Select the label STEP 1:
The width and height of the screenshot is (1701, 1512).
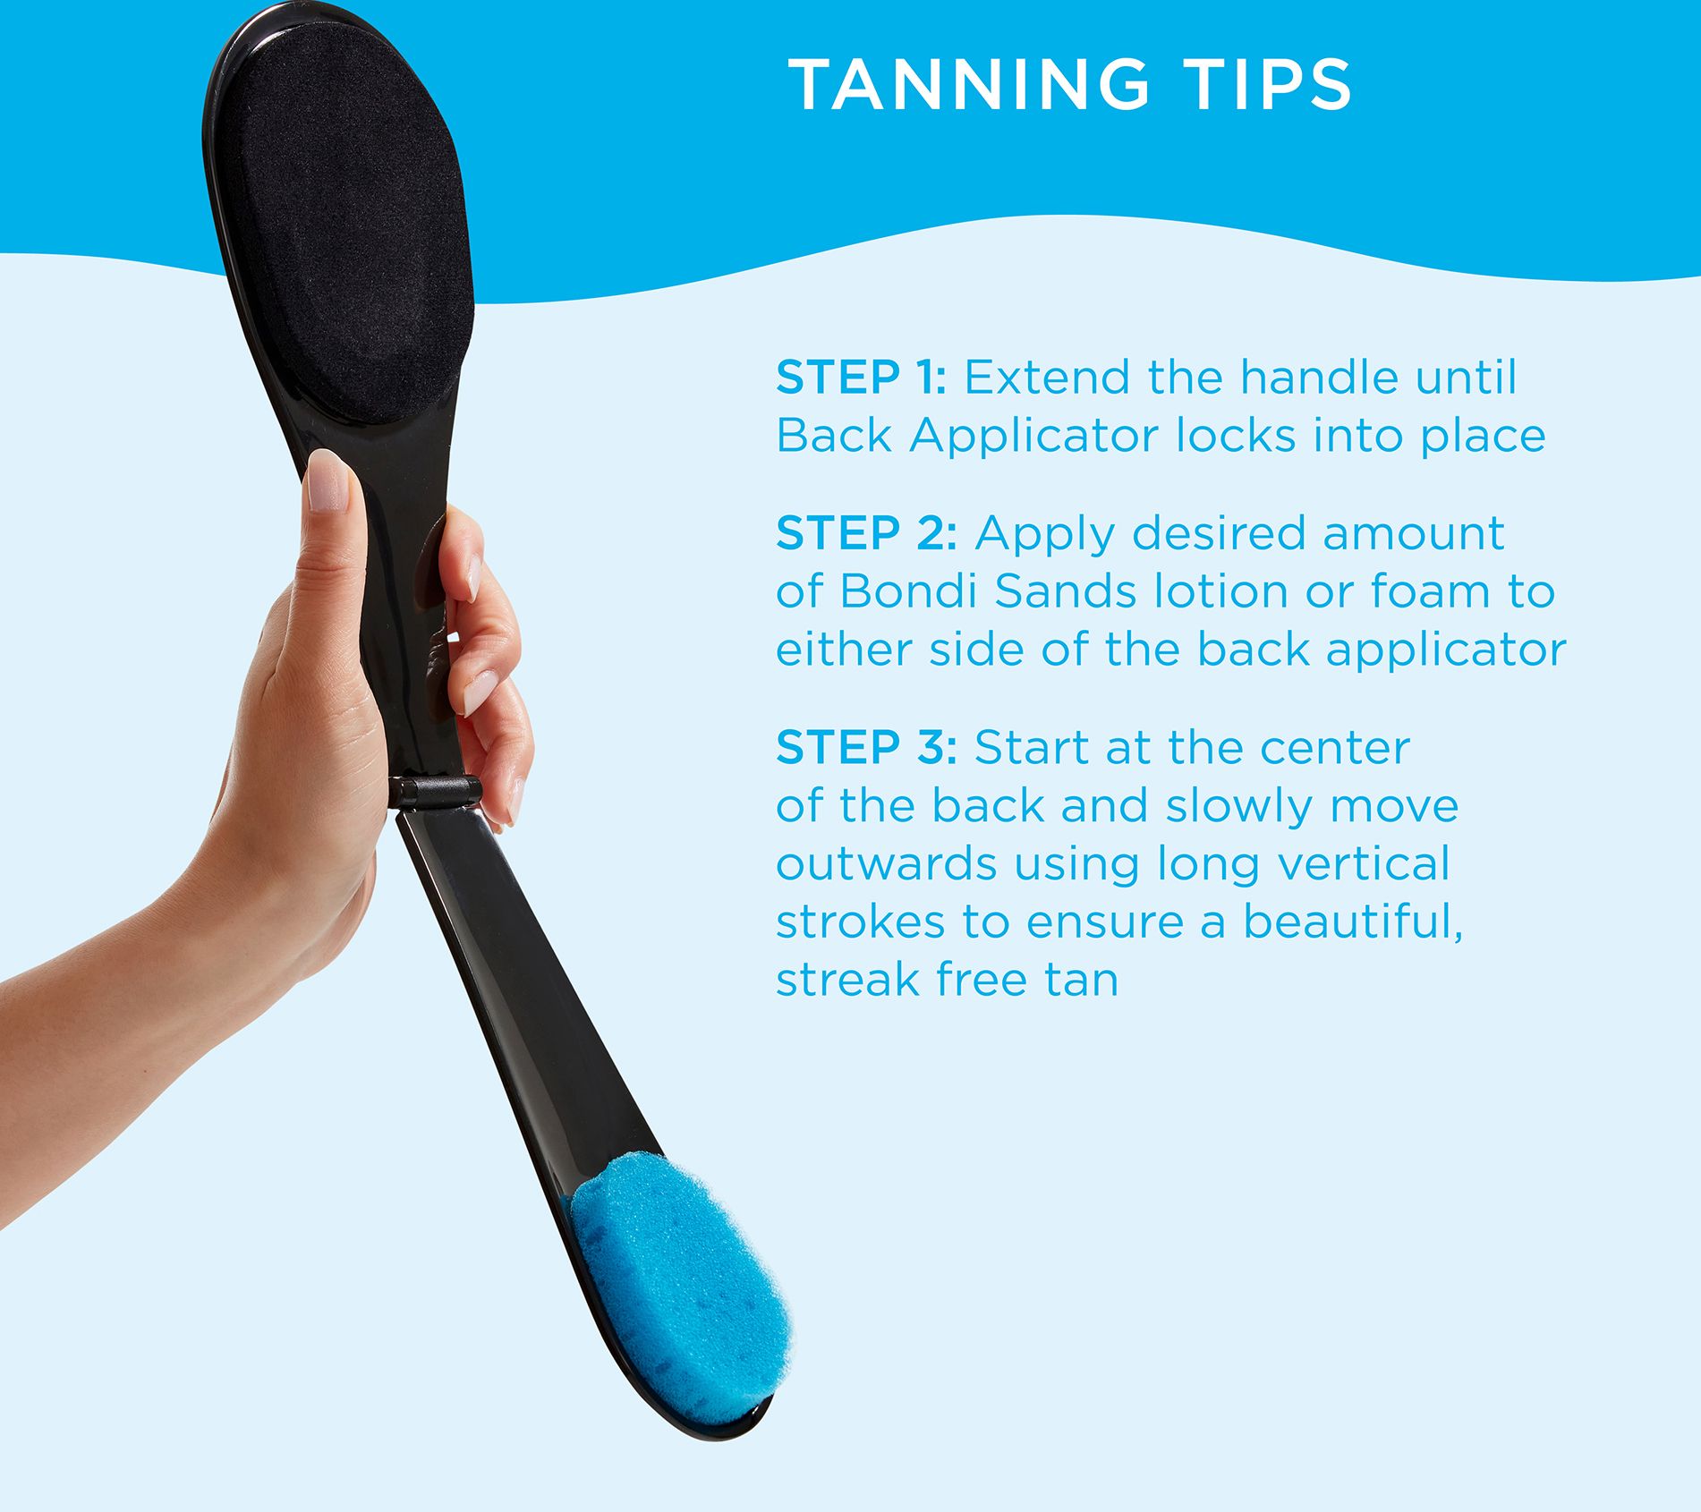(861, 378)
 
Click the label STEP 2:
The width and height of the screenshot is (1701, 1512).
(866, 533)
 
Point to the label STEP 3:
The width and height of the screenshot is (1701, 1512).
(866, 748)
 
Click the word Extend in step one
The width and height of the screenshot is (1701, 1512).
(1049, 378)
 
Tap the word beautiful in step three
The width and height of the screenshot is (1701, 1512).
(1353, 922)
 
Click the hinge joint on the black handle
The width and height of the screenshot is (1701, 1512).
(435, 792)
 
